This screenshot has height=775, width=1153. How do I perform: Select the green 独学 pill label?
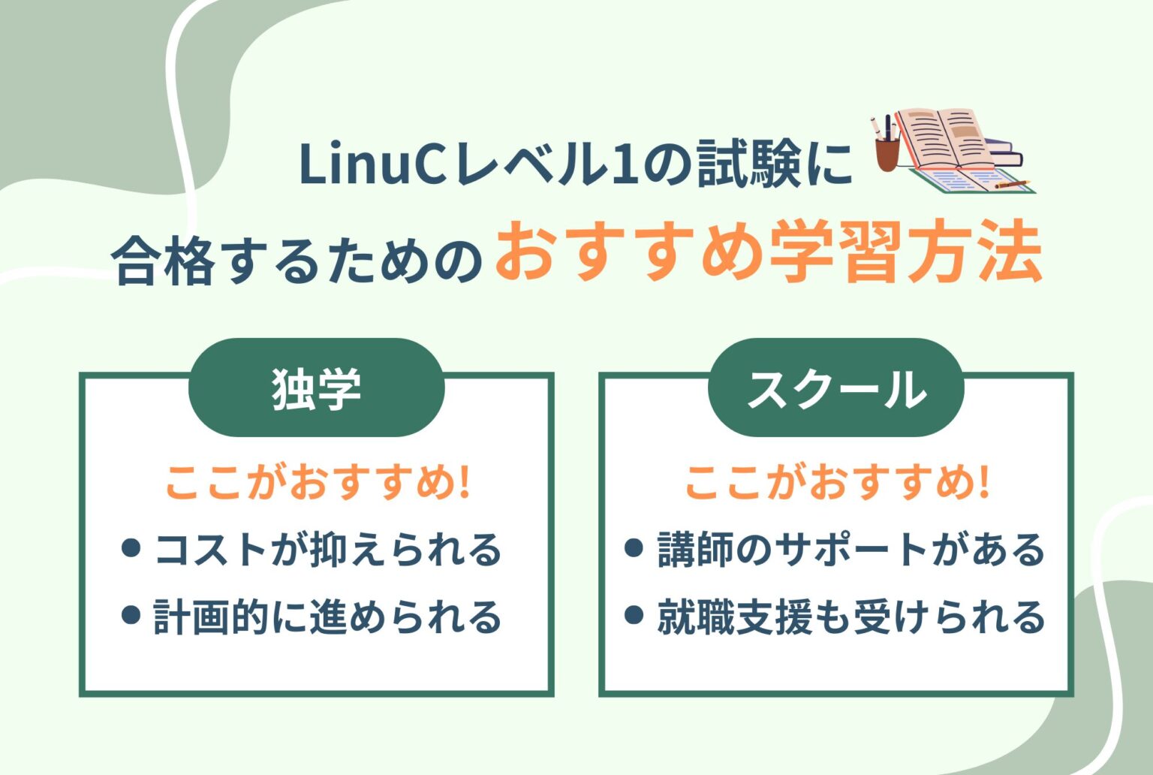(x=316, y=388)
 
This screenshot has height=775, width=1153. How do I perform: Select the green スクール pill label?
(x=835, y=388)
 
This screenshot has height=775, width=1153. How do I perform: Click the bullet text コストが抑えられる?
(x=327, y=550)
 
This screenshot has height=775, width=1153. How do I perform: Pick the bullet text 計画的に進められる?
(x=327, y=617)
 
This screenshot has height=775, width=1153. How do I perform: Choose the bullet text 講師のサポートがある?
(x=850, y=550)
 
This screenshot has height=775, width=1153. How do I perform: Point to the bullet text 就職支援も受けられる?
(x=850, y=617)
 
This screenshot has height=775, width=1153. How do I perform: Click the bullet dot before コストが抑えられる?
(x=131, y=548)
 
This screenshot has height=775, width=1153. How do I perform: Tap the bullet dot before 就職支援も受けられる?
(x=634, y=615)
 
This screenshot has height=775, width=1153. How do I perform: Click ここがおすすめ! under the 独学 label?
(x=318, y=482)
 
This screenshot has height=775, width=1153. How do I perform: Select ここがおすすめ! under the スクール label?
(x=836, y=482)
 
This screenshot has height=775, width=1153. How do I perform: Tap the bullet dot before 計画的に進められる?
(x=131, y=615)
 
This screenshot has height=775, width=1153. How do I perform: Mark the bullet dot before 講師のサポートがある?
(x=634, y=548)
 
